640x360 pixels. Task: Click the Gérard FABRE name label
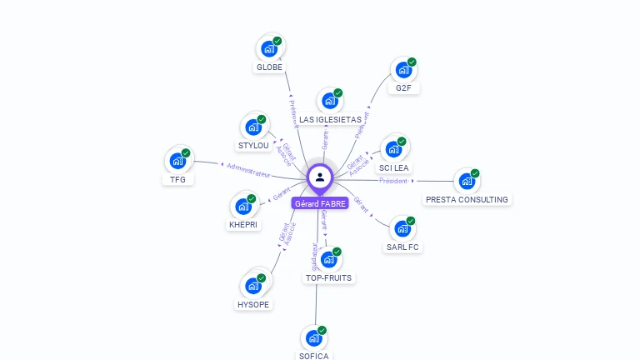(x=320, y=203)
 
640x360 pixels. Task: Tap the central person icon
(x=320, y=177)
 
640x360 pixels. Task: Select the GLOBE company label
(x=269, y=67)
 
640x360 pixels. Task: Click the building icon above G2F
(x=403, y=70)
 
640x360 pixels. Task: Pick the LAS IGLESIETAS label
(x=330, y=120)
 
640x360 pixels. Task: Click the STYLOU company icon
(x=253, y=127)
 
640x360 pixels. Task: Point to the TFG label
(x=177, y=179)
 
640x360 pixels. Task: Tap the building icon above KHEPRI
(x=243, y=205)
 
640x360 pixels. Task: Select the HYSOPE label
(x=254, y=304)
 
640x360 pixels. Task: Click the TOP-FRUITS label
(x=328, y=277)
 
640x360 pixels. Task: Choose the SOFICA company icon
(x=314, y=338)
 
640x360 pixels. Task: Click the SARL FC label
(x=402, y=247)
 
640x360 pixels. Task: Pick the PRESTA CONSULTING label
(x=467, y=200)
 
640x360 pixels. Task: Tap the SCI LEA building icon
(x=393, y=150)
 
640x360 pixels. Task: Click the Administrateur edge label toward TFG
(x=248, y=171)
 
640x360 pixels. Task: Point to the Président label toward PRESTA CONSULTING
(x=393, y=180)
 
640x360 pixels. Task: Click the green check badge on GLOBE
(x=277, y=41)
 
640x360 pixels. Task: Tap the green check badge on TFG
(x=186, y=152)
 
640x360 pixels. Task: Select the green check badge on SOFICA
(x=322, y=330)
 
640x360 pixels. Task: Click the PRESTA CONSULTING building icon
(x=467, y=181)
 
